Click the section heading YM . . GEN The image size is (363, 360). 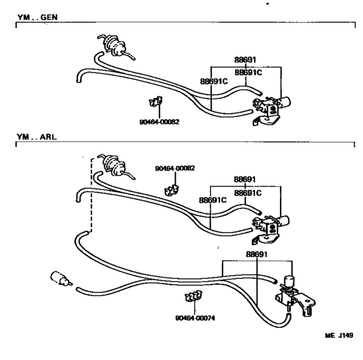point(37,17)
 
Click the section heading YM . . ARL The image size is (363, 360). point(37,137)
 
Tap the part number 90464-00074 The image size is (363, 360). point(195,318)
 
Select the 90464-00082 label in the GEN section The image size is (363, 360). point(159,122)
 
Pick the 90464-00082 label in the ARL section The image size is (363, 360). point(175,168)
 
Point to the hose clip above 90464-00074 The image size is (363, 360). point(194,296)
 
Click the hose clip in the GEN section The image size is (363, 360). point(156,102)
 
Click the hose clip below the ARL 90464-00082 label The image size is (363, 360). point(172,190)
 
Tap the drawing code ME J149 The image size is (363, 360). point(339,336)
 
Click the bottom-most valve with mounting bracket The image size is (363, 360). point(295,295)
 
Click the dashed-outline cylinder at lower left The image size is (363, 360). point(61,278)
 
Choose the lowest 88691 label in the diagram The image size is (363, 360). point(257,255)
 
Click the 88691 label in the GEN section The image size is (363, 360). point(245,60)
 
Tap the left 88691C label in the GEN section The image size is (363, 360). point(214,82)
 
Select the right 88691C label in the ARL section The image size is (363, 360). point(248,193)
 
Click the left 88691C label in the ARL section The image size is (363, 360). point(213,200)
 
